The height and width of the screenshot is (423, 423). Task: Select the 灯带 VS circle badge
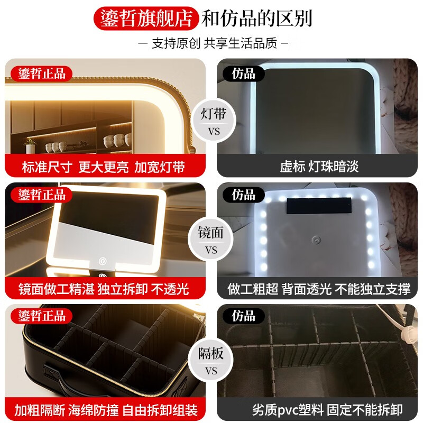coord(211,121)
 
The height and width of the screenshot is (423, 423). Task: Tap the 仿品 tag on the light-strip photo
coord(243,73)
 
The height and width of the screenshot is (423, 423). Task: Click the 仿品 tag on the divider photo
coord(243,316)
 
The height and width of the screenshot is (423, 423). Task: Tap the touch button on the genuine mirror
coord(102,261)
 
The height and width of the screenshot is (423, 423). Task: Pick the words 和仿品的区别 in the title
coord(257,18)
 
